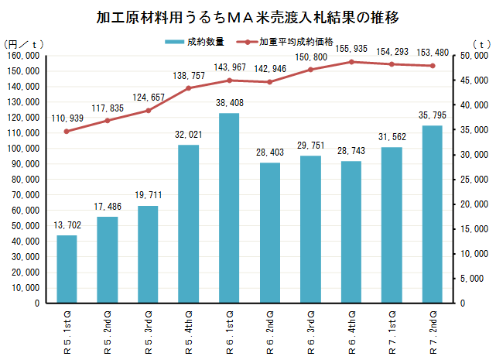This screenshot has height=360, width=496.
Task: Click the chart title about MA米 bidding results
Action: click(248, 16)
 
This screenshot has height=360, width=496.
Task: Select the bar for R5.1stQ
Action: click(67, 269)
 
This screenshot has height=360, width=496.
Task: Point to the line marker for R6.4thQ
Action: click(351, 62)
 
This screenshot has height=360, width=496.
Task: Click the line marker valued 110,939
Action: click(67, 131)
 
